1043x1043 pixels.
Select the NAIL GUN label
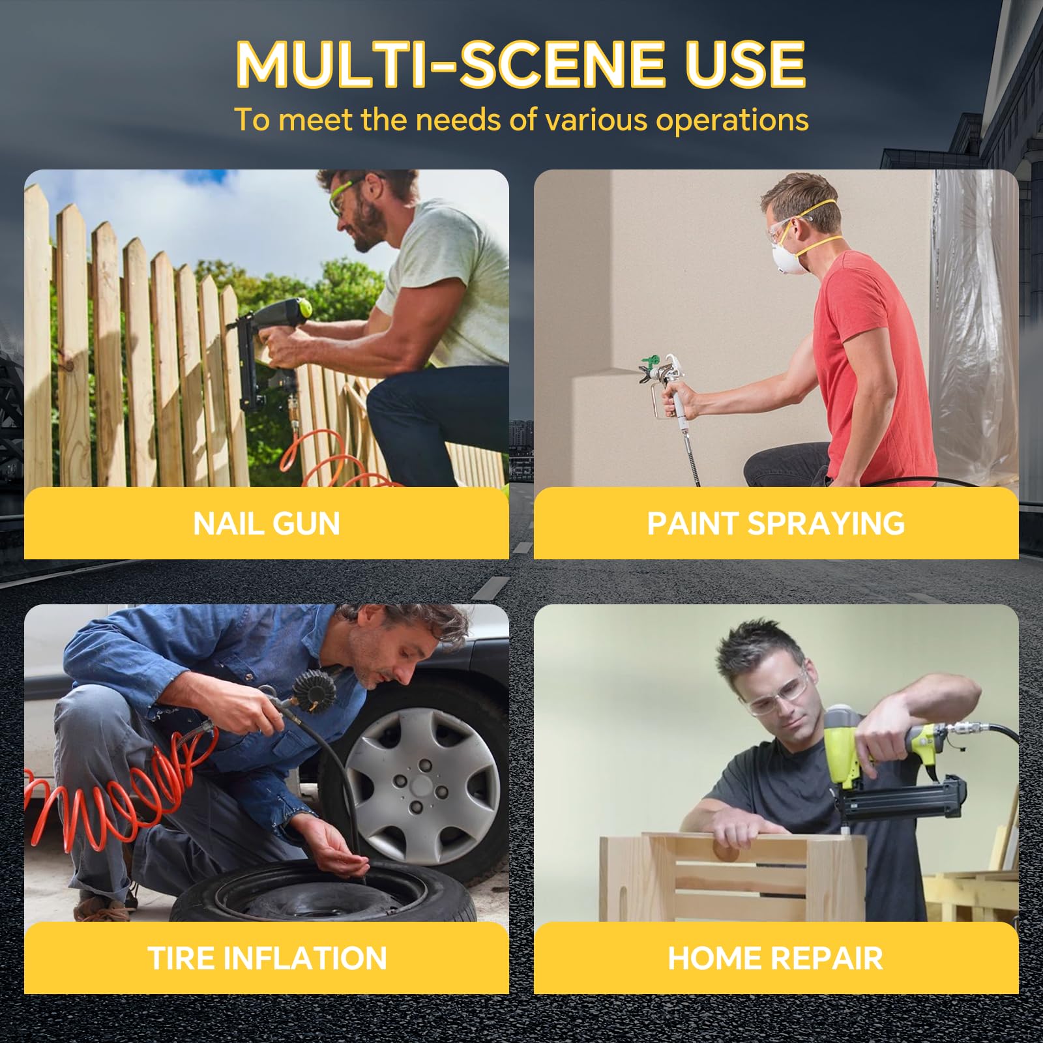(x=267, y=523)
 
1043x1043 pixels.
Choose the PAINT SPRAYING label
(x=776, y=523)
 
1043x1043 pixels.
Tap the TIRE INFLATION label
(x=267, y=958)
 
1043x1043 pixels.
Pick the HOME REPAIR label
(x=775, y=958)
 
